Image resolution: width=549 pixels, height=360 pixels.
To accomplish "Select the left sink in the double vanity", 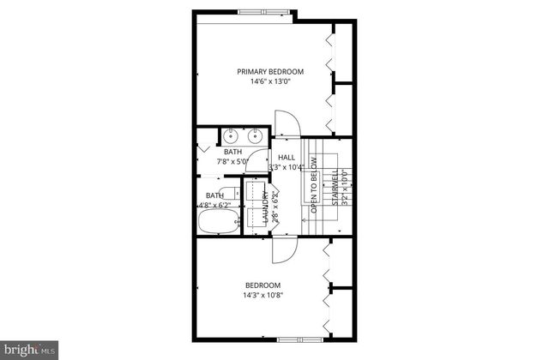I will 232,136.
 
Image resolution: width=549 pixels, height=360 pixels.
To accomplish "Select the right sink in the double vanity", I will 255,136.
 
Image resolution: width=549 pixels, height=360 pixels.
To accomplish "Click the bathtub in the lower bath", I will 219,223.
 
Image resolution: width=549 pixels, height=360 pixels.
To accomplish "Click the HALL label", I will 287,158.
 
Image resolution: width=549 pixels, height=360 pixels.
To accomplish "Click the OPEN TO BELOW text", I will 314,189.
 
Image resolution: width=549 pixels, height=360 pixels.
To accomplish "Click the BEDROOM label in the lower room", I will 262,285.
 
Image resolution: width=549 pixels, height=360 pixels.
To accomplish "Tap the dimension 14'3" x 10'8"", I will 262,296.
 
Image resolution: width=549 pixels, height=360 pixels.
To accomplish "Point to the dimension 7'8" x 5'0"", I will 232,161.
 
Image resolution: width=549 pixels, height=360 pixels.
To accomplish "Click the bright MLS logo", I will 30,349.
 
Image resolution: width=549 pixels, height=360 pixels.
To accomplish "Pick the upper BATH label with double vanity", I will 233,152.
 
